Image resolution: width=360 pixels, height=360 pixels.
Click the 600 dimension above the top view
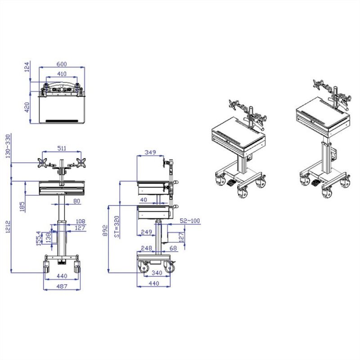(62, 64)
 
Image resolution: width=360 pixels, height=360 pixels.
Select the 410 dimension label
(62, 74)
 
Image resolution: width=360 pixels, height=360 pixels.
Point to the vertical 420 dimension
(27, 107)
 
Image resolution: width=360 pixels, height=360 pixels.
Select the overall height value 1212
(7, 227)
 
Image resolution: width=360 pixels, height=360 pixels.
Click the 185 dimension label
(22, 207)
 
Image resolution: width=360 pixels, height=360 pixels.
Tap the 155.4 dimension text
(39, 238)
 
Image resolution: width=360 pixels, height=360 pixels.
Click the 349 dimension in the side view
(150, 153)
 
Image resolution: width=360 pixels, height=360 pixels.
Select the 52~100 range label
(189, 221)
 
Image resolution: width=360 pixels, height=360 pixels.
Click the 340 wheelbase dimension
(157, 273)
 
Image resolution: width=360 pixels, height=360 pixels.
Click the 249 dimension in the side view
(145, 232)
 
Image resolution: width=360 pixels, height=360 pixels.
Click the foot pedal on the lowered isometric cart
(230, 182)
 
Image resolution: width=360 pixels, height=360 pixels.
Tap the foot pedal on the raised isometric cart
(315, 183)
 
